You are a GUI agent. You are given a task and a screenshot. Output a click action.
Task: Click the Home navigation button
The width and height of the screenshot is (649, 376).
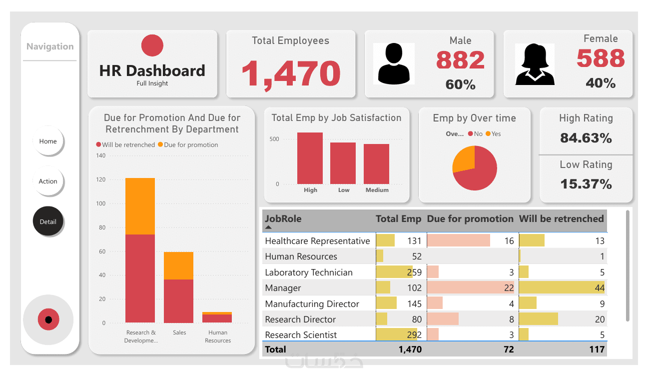click(48, 141)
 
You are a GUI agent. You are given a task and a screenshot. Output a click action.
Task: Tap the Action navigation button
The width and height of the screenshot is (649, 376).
click(48, 181)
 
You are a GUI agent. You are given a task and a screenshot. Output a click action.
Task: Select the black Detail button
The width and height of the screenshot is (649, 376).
click(48, 221)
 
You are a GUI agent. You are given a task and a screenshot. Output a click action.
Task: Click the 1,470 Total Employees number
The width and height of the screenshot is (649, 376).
click(291, 73)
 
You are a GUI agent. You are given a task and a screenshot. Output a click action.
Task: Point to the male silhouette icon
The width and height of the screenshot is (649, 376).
click(394, 63)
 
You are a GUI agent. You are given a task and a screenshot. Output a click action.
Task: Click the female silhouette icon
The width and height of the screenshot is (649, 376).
click(535, 64)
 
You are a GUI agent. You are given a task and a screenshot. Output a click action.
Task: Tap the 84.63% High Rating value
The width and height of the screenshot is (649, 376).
click(586, 137)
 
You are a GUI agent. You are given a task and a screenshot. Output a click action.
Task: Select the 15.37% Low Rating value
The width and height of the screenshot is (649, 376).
click(586, 183)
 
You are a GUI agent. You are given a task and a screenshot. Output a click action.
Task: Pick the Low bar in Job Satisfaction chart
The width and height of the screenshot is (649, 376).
click(343, 163)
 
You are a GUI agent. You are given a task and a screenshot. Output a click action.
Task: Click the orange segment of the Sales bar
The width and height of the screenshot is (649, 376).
click(179, 265)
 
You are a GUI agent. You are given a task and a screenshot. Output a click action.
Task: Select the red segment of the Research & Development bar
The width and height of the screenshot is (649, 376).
click(140, 278)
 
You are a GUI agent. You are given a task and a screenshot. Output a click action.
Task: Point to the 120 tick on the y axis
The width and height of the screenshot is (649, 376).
click(101, 179)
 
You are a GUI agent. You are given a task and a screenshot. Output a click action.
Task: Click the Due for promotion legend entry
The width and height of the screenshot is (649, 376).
click(188, 145)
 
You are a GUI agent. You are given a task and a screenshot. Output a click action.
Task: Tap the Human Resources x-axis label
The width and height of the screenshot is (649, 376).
click(218, 336)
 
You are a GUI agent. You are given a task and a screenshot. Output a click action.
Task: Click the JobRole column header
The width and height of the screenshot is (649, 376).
click(283, 218)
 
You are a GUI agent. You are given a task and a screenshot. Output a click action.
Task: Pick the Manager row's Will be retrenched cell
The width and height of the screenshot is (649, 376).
click(562, 287)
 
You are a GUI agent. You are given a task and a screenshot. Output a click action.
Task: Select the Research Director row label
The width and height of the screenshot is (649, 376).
click(301, 319)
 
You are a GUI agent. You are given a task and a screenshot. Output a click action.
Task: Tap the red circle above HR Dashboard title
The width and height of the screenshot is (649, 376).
click(152, 45)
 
